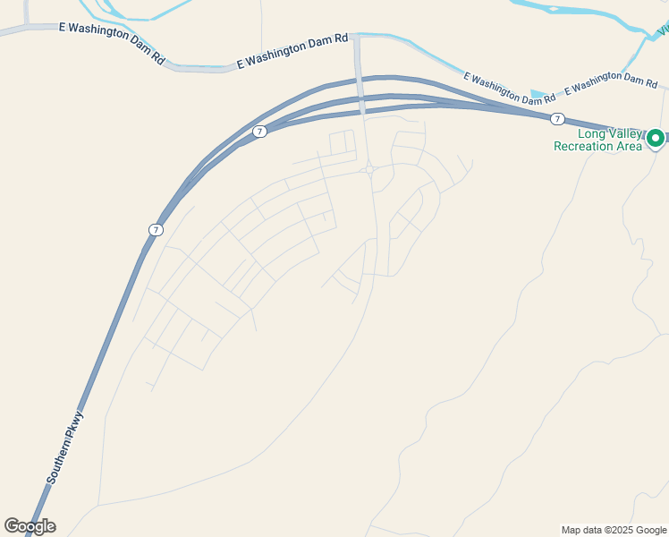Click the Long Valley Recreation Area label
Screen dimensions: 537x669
pos(597,140)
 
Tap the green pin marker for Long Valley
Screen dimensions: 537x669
pos(655,138)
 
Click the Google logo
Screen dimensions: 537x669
pos(30,526)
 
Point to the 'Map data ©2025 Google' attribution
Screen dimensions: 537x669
pos(614,530)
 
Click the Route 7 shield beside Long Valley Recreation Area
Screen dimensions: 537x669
pos(557,119)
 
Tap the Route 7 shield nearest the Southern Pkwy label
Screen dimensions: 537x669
pos(156,230)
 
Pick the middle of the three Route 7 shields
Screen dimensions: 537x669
pos(259,132)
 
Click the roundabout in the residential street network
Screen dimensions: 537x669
pos(369,169)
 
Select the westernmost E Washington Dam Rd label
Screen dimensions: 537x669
pos(112,42)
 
